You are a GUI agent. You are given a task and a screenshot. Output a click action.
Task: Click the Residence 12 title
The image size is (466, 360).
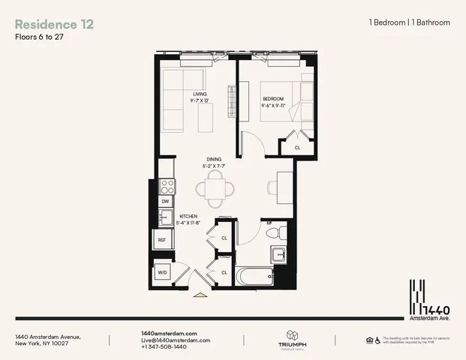54,23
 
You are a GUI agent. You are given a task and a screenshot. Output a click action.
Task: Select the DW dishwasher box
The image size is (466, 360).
164,201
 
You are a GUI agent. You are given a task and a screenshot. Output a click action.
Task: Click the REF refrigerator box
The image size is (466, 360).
162,241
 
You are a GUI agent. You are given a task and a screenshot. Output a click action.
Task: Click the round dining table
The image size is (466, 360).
215,189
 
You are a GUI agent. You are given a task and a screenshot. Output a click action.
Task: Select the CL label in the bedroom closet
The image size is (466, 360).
297,148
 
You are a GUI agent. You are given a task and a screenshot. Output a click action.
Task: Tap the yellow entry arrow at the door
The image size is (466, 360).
200,295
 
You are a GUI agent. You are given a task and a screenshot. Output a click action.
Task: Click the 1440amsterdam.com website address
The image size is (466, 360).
169,333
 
